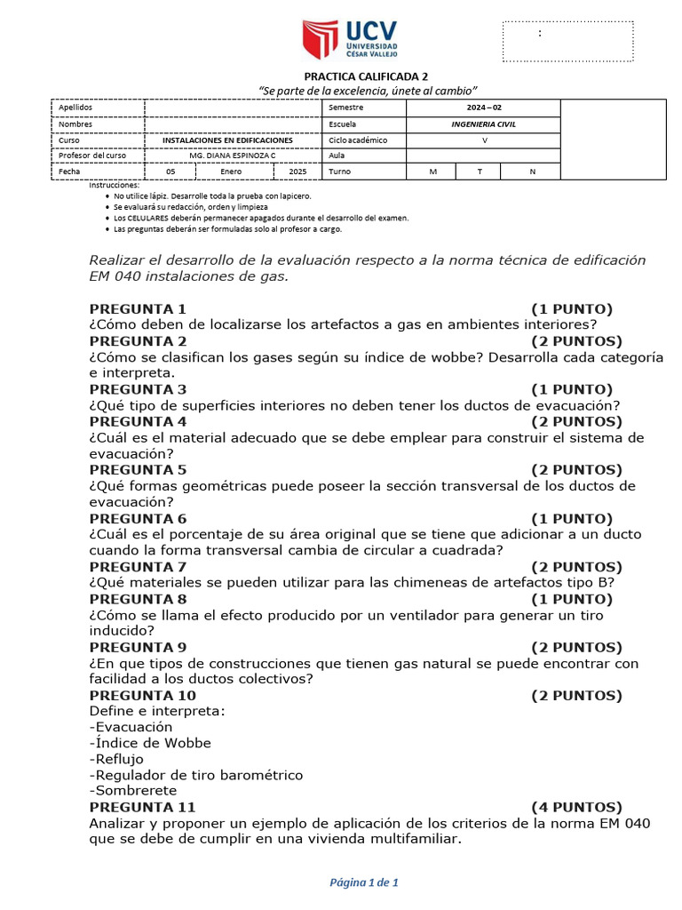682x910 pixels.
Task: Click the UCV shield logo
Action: (x=321, y=39)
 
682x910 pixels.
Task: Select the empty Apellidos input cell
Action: (x=233, y=108)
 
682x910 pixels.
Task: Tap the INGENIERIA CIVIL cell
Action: (x=483, y=124)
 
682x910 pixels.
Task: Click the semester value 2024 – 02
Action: (x=483, y=108)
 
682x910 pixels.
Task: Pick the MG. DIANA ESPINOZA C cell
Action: (x=233, y=156)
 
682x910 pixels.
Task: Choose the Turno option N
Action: (x=532, y=172)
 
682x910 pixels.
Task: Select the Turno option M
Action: (x=432, y=172)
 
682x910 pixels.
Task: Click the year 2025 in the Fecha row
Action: (x=297, y=172)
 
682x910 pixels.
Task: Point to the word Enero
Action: (x=232, y=172)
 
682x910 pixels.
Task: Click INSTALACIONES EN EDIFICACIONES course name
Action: (x=227, y=140)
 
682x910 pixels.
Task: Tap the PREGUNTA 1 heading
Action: (x=138, y=309)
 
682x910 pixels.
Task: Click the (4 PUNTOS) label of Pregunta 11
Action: (x=576, y=807)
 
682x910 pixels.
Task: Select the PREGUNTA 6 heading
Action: (x=138, y=519)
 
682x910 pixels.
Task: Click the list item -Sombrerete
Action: (x=133, y=791)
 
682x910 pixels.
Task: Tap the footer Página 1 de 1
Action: (x=364, y=882)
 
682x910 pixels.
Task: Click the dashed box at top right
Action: (x=568, y=41)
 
